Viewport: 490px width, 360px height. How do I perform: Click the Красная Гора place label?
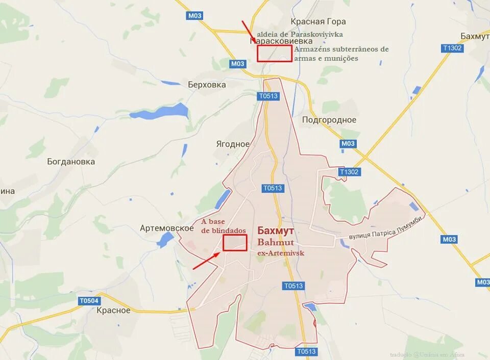(x=318, y=21)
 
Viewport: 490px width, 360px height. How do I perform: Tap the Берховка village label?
(x=207, y=85)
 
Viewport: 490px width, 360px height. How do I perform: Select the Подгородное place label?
(x=329, y=120)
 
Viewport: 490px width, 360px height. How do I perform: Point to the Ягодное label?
(x=233, y=144)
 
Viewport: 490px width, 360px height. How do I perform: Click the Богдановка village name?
(x=71, y=162)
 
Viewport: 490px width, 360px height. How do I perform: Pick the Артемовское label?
(x=166, y=228)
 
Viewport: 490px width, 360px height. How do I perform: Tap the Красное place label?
(x=113, y=310)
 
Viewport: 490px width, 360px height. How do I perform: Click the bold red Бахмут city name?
(x=276, y=230)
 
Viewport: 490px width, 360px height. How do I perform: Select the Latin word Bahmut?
(x=276, y=242)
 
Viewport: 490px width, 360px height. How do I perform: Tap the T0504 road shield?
(x=88, y=301)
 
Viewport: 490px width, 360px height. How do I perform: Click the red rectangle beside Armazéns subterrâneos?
(x=275, y=54)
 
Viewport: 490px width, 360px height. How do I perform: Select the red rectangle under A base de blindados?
(x=235, y=243)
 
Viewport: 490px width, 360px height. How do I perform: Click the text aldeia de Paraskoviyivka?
(x=300, y=34)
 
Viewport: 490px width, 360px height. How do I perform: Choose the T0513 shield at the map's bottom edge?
(x=306, y=351)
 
